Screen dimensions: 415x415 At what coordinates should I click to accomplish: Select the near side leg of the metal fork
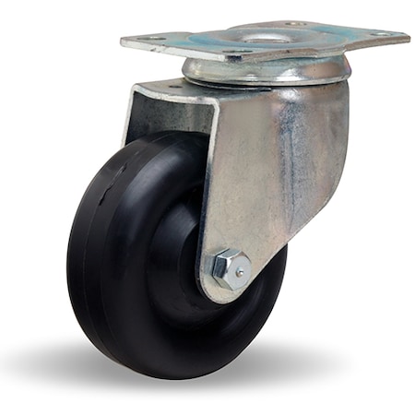click(x=277, y=166)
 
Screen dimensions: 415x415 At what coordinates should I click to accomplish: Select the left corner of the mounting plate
click(x=123, y=41)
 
